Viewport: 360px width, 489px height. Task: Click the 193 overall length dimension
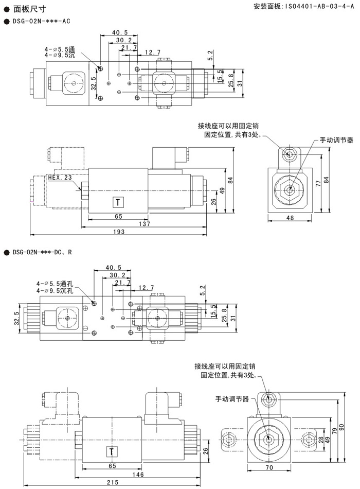[x=119, y=233]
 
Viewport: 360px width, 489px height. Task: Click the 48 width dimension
[x=290, y=218]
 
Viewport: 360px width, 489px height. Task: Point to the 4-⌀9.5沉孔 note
[x=55, y=291]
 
